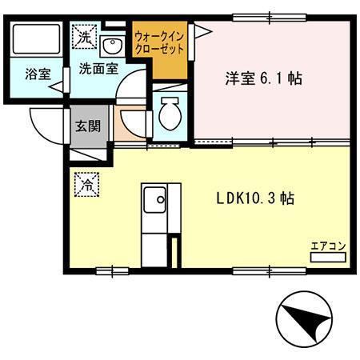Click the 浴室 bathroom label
[38, 74]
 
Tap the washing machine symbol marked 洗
[83, 35]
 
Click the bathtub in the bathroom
[38, 40]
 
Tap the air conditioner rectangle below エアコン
[328, 258]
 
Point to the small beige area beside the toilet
[128, 125]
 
